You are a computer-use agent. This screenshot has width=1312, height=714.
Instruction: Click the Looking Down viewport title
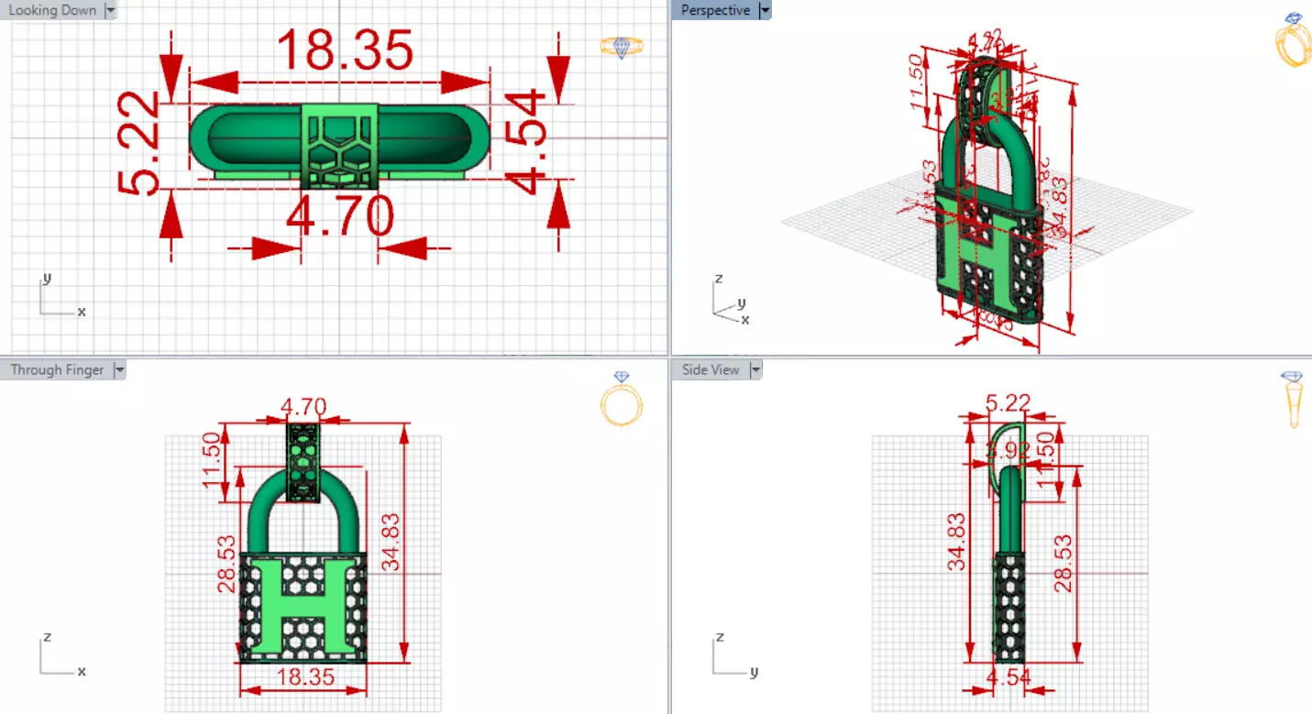[x=52, y=10]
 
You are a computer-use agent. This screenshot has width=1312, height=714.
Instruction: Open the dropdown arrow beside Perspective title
[x=766, y=10]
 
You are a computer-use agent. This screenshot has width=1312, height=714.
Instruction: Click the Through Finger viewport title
[x=56, y=369]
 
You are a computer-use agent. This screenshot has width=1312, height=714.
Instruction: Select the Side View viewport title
[x=711, y=369]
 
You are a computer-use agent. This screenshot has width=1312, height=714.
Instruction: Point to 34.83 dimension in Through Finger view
[x=391, y=543]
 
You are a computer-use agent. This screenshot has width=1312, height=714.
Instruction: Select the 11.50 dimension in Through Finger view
[x=213, y=456]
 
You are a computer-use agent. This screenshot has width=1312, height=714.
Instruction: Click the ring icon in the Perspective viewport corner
[x=1293, y=40]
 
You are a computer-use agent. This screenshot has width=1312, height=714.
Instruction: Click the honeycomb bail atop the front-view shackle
[x=303, y=462]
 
